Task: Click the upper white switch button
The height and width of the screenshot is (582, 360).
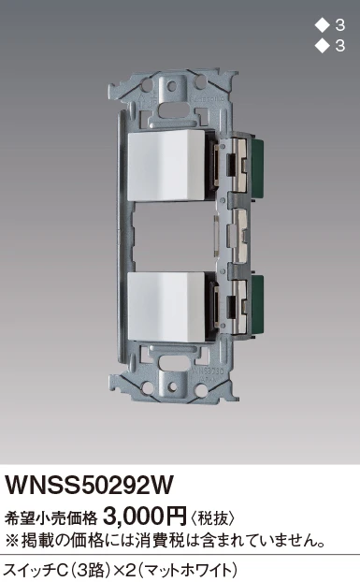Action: (166, 166)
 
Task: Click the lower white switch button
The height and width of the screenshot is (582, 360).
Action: (166, 307)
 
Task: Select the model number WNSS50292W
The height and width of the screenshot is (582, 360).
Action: (88, 485)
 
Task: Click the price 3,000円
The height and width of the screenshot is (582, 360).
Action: (145, 516)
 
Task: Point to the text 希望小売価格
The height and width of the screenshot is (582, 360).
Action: (50, 518)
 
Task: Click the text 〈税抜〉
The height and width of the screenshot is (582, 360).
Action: (212, 518)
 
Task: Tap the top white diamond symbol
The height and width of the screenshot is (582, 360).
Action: (323, 26)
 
